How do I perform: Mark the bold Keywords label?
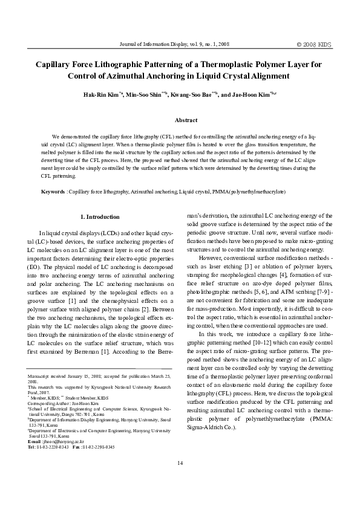pos(52,191)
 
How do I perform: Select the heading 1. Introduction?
pos(100,216)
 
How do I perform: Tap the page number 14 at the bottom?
pos(180,462)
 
